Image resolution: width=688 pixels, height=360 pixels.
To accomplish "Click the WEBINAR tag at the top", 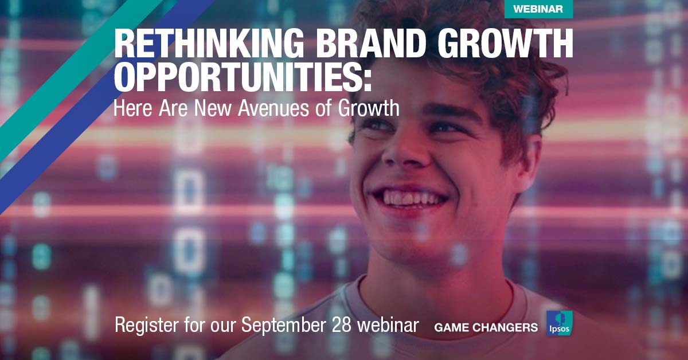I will (538, 9).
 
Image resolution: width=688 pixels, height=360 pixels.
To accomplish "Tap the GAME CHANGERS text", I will (486, 327).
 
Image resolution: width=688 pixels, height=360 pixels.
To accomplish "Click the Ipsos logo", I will (559, 323).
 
